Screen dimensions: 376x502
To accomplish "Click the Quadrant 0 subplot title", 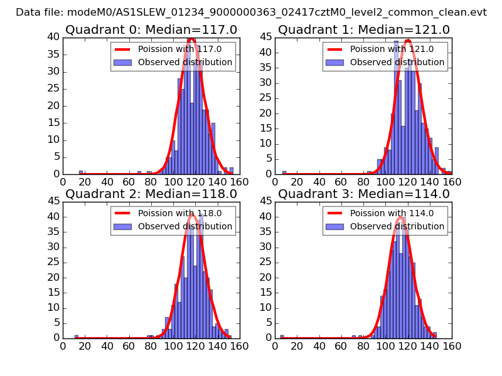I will [x=151, y=30].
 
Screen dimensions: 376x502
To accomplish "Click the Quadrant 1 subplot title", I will [x=363, y=30].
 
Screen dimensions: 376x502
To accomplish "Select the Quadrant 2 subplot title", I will [x=151, y=194].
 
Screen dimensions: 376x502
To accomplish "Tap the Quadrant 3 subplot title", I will [x=363, y=194].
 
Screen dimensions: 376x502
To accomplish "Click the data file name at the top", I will [x=251, y=13].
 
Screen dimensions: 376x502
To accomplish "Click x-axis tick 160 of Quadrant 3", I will [x=451, y=346].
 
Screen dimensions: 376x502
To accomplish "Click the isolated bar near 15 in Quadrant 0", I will [x=80, y=172].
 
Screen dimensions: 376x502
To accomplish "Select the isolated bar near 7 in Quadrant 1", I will [x=284, y=172].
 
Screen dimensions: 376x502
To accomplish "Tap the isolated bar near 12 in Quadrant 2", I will [x=77, y=337].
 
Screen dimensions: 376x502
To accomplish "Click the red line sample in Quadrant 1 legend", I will [x=336, y=49].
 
